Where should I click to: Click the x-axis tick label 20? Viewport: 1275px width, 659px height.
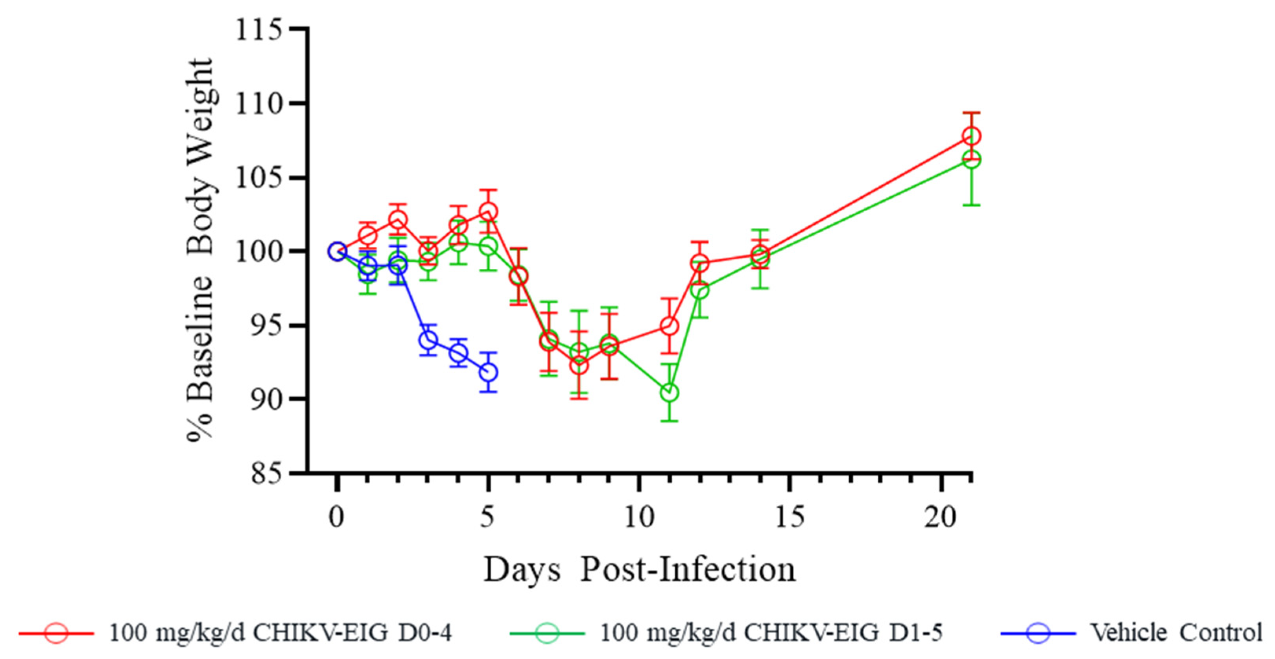940,517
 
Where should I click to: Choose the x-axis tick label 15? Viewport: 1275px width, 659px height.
790,517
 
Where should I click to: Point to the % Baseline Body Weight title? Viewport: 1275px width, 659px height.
201,250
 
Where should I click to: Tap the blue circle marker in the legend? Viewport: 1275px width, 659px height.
1038,633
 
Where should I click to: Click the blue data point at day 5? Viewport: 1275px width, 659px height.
488,372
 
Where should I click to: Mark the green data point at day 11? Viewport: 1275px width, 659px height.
669,393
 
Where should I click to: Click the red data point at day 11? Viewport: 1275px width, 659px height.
669,326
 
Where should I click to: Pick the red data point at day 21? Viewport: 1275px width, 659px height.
971,136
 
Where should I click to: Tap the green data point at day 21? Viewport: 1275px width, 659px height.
971,159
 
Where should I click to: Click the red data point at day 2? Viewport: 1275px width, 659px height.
397,219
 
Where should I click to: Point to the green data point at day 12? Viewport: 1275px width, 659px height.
699,290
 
